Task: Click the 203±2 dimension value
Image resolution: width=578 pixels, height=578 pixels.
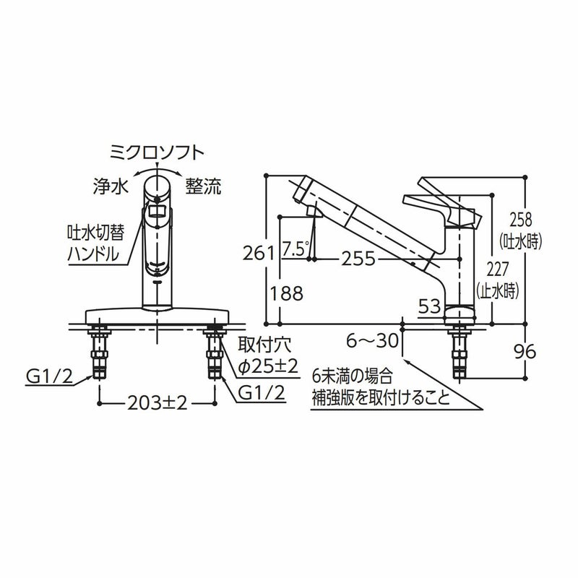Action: point(157,403)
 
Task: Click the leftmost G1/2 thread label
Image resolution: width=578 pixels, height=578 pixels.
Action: point(48,375)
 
